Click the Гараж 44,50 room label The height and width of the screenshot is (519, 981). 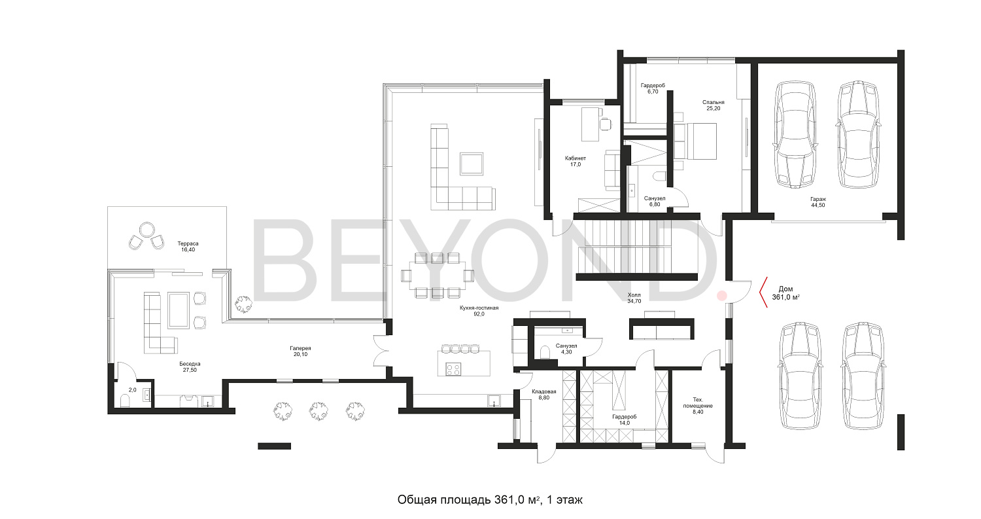(817, 202)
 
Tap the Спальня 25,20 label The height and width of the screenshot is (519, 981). (713, 105)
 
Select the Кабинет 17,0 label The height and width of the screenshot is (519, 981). (576, 161)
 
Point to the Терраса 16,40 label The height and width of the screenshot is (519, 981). (188, 246)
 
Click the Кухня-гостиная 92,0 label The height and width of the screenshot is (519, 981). (479, 311)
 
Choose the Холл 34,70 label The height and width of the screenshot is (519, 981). (634, 298)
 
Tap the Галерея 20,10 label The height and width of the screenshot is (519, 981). (300, 351)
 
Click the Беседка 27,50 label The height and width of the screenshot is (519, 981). (190, 367)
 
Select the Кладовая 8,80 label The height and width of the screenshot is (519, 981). (544, 395)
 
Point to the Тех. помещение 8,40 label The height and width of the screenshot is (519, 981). (698, 406)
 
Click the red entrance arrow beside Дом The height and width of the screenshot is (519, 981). (763, 292)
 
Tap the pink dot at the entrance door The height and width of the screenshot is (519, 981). (722, 296)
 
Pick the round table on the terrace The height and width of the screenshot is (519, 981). (146, 229)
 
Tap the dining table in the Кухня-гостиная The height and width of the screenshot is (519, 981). (438, 276)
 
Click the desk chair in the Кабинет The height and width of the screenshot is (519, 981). (605, 124)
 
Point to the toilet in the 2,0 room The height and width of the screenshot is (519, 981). (125, 401)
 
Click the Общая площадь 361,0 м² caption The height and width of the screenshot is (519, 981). (490, 500)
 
